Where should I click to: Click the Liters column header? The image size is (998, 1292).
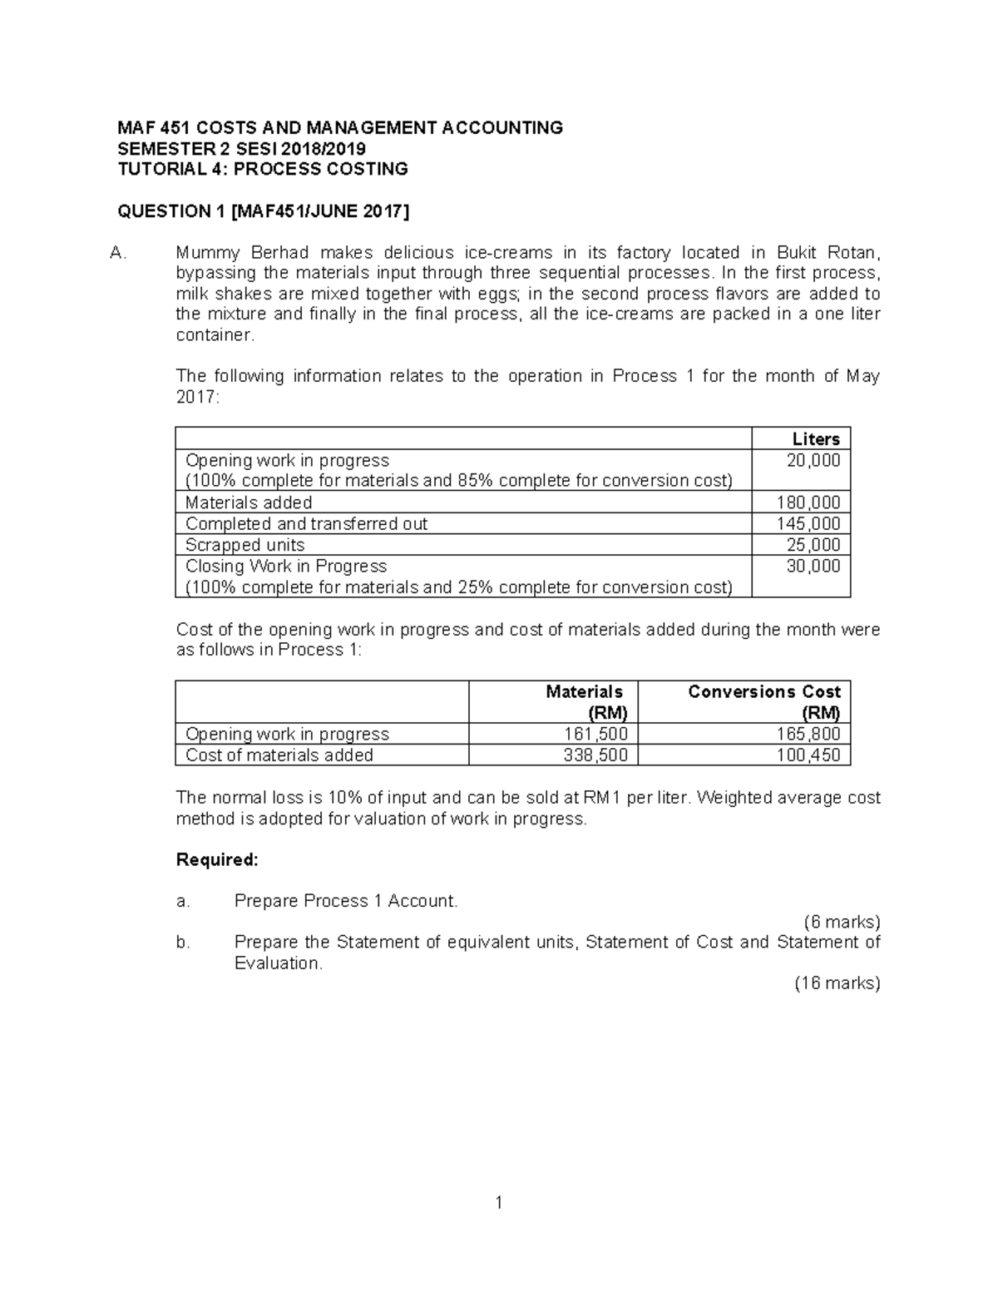tap(815, 439)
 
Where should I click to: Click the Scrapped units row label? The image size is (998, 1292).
tap(245, 545)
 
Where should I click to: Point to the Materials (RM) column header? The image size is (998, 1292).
tap(584, 702)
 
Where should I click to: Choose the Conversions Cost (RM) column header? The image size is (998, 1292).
tap(763, 702)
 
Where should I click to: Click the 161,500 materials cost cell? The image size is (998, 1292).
tap(594, 734)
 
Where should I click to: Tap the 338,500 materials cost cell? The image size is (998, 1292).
tap(594, 755)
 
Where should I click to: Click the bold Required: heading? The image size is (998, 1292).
tap(217, 860)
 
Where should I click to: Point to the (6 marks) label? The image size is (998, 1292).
tap(841, 922)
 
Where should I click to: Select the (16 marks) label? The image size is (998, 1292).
tap(837, 983)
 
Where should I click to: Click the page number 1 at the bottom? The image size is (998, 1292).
tap(499, 1202)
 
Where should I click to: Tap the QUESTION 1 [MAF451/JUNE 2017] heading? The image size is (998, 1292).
tap(264, 211)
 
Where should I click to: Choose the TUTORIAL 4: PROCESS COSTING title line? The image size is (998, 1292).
tap(263, 170)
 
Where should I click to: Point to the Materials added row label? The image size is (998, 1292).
tap(249, 502)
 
